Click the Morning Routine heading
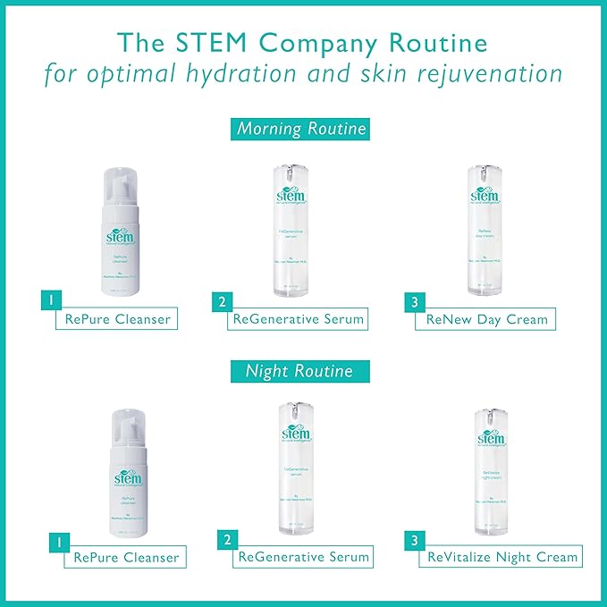tap(301, 129)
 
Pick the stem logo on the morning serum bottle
tap(295, 191)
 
